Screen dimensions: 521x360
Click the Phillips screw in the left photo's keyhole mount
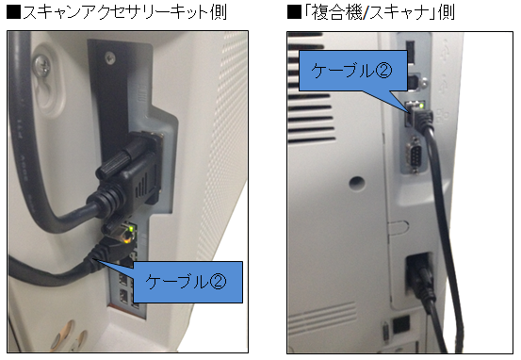tap(42, 66)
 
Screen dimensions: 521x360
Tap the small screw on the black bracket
tap(109, 58)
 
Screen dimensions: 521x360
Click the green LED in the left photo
tap(132, 228)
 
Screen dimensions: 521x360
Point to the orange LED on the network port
tap(126, 239)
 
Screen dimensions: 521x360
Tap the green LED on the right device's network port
tap(422, 106)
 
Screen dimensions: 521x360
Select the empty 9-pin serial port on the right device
tap(414, 155)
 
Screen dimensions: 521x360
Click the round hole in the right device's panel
tap(357, 183)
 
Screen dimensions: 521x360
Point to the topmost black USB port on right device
tap(411, 52)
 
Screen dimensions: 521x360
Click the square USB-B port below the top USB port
tap(415, 81)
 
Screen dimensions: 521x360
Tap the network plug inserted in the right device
tap(419, 117)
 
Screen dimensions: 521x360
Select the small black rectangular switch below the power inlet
tap(401, 324)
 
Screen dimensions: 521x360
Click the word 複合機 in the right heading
tap(336, 13)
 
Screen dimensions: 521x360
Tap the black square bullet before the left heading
tap(14, 13)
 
